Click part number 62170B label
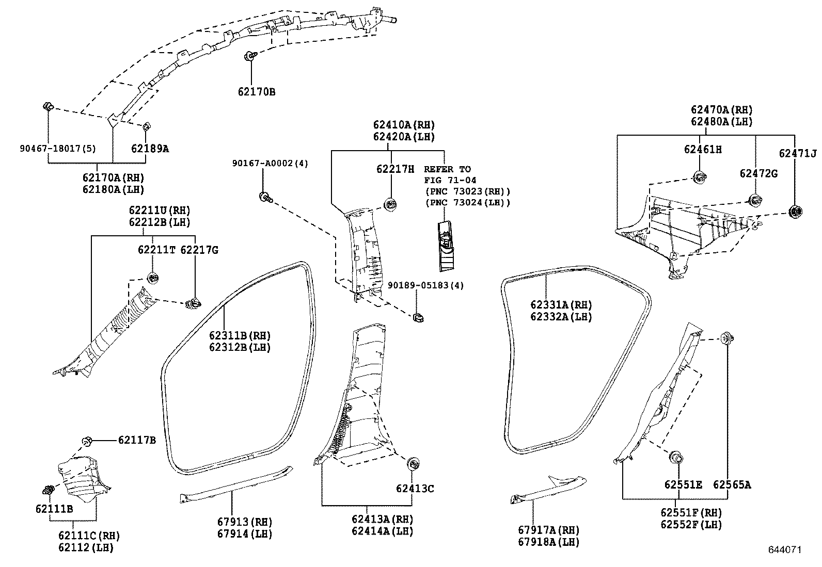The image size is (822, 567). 257,92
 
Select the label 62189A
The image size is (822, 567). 150,149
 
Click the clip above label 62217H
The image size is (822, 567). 390,204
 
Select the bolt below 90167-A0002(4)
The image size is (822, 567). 266,196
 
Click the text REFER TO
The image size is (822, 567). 447,169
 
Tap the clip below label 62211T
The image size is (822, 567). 153,278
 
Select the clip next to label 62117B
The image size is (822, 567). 87,441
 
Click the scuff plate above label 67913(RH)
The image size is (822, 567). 235,483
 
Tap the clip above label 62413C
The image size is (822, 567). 413,463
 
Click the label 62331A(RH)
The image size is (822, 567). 561,305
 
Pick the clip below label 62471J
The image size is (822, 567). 794,211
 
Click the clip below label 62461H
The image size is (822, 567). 699,178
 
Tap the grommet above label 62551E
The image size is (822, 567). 676,457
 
